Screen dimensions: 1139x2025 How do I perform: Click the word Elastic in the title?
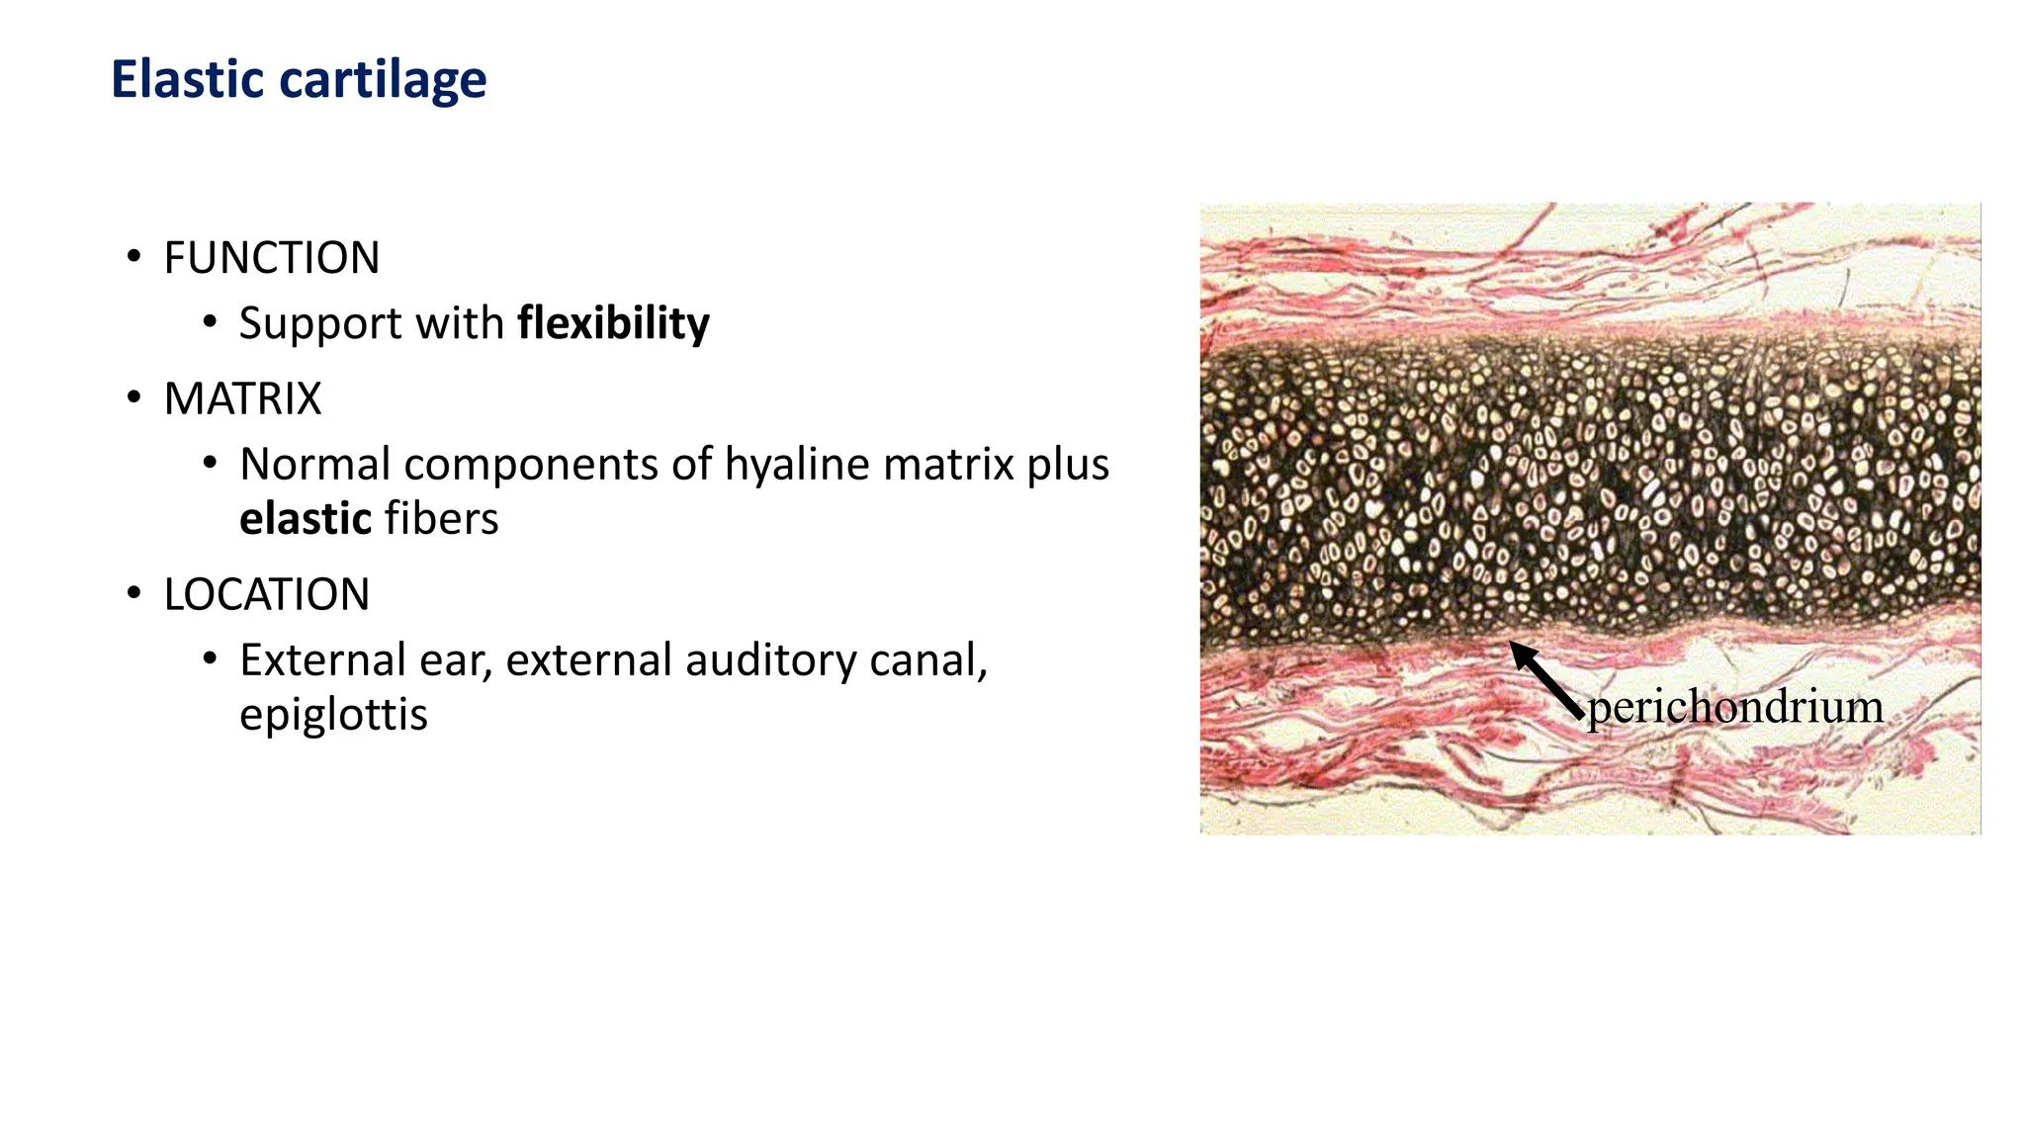coord(187,79)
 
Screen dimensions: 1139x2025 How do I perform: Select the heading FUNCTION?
coord(271,258)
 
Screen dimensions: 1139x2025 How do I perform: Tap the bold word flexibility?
coord(613,323)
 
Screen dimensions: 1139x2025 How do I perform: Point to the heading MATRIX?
coord(242,398)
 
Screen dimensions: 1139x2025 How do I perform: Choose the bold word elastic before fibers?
coord(306,519)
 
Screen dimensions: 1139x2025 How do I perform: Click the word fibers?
coord(441,519)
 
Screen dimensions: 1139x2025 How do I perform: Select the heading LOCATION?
coord(266,594)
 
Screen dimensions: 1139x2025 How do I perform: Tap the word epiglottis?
coord(333,715)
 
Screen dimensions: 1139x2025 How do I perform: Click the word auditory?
coord(770,660)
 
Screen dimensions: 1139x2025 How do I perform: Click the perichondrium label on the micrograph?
coord(1734,708)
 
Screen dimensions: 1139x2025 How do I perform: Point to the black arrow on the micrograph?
coord(1545,679)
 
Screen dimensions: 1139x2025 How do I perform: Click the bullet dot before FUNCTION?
coord(133,258)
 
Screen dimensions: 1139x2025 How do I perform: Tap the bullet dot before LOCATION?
coord(133,594)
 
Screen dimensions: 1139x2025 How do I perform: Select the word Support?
coord(320,324)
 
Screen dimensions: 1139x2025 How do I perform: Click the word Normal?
coord(315,465)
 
